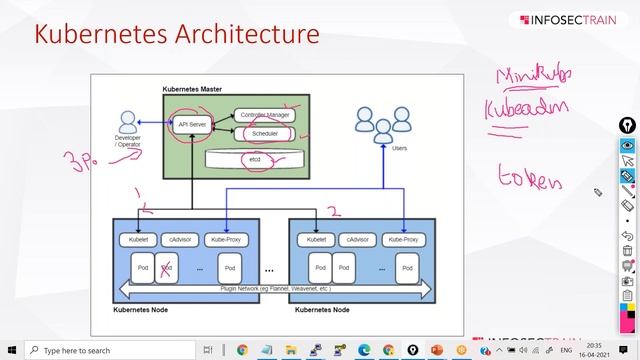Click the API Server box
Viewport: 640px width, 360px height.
(190, 124)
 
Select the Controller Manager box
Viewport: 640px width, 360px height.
(265, 115)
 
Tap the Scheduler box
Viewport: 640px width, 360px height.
(265, 132)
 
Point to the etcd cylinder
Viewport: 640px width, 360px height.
(255, 159)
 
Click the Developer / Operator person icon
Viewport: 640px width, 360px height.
(127, 122)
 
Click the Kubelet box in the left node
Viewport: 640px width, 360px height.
(133, 240)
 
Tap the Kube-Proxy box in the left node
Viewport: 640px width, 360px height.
(226, 240)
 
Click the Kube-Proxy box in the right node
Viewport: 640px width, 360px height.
(402, 240)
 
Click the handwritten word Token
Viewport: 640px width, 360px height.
(530, 179)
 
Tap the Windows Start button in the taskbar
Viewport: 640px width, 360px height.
(12, 350)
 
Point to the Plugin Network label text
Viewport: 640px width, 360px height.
(276, 288)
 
